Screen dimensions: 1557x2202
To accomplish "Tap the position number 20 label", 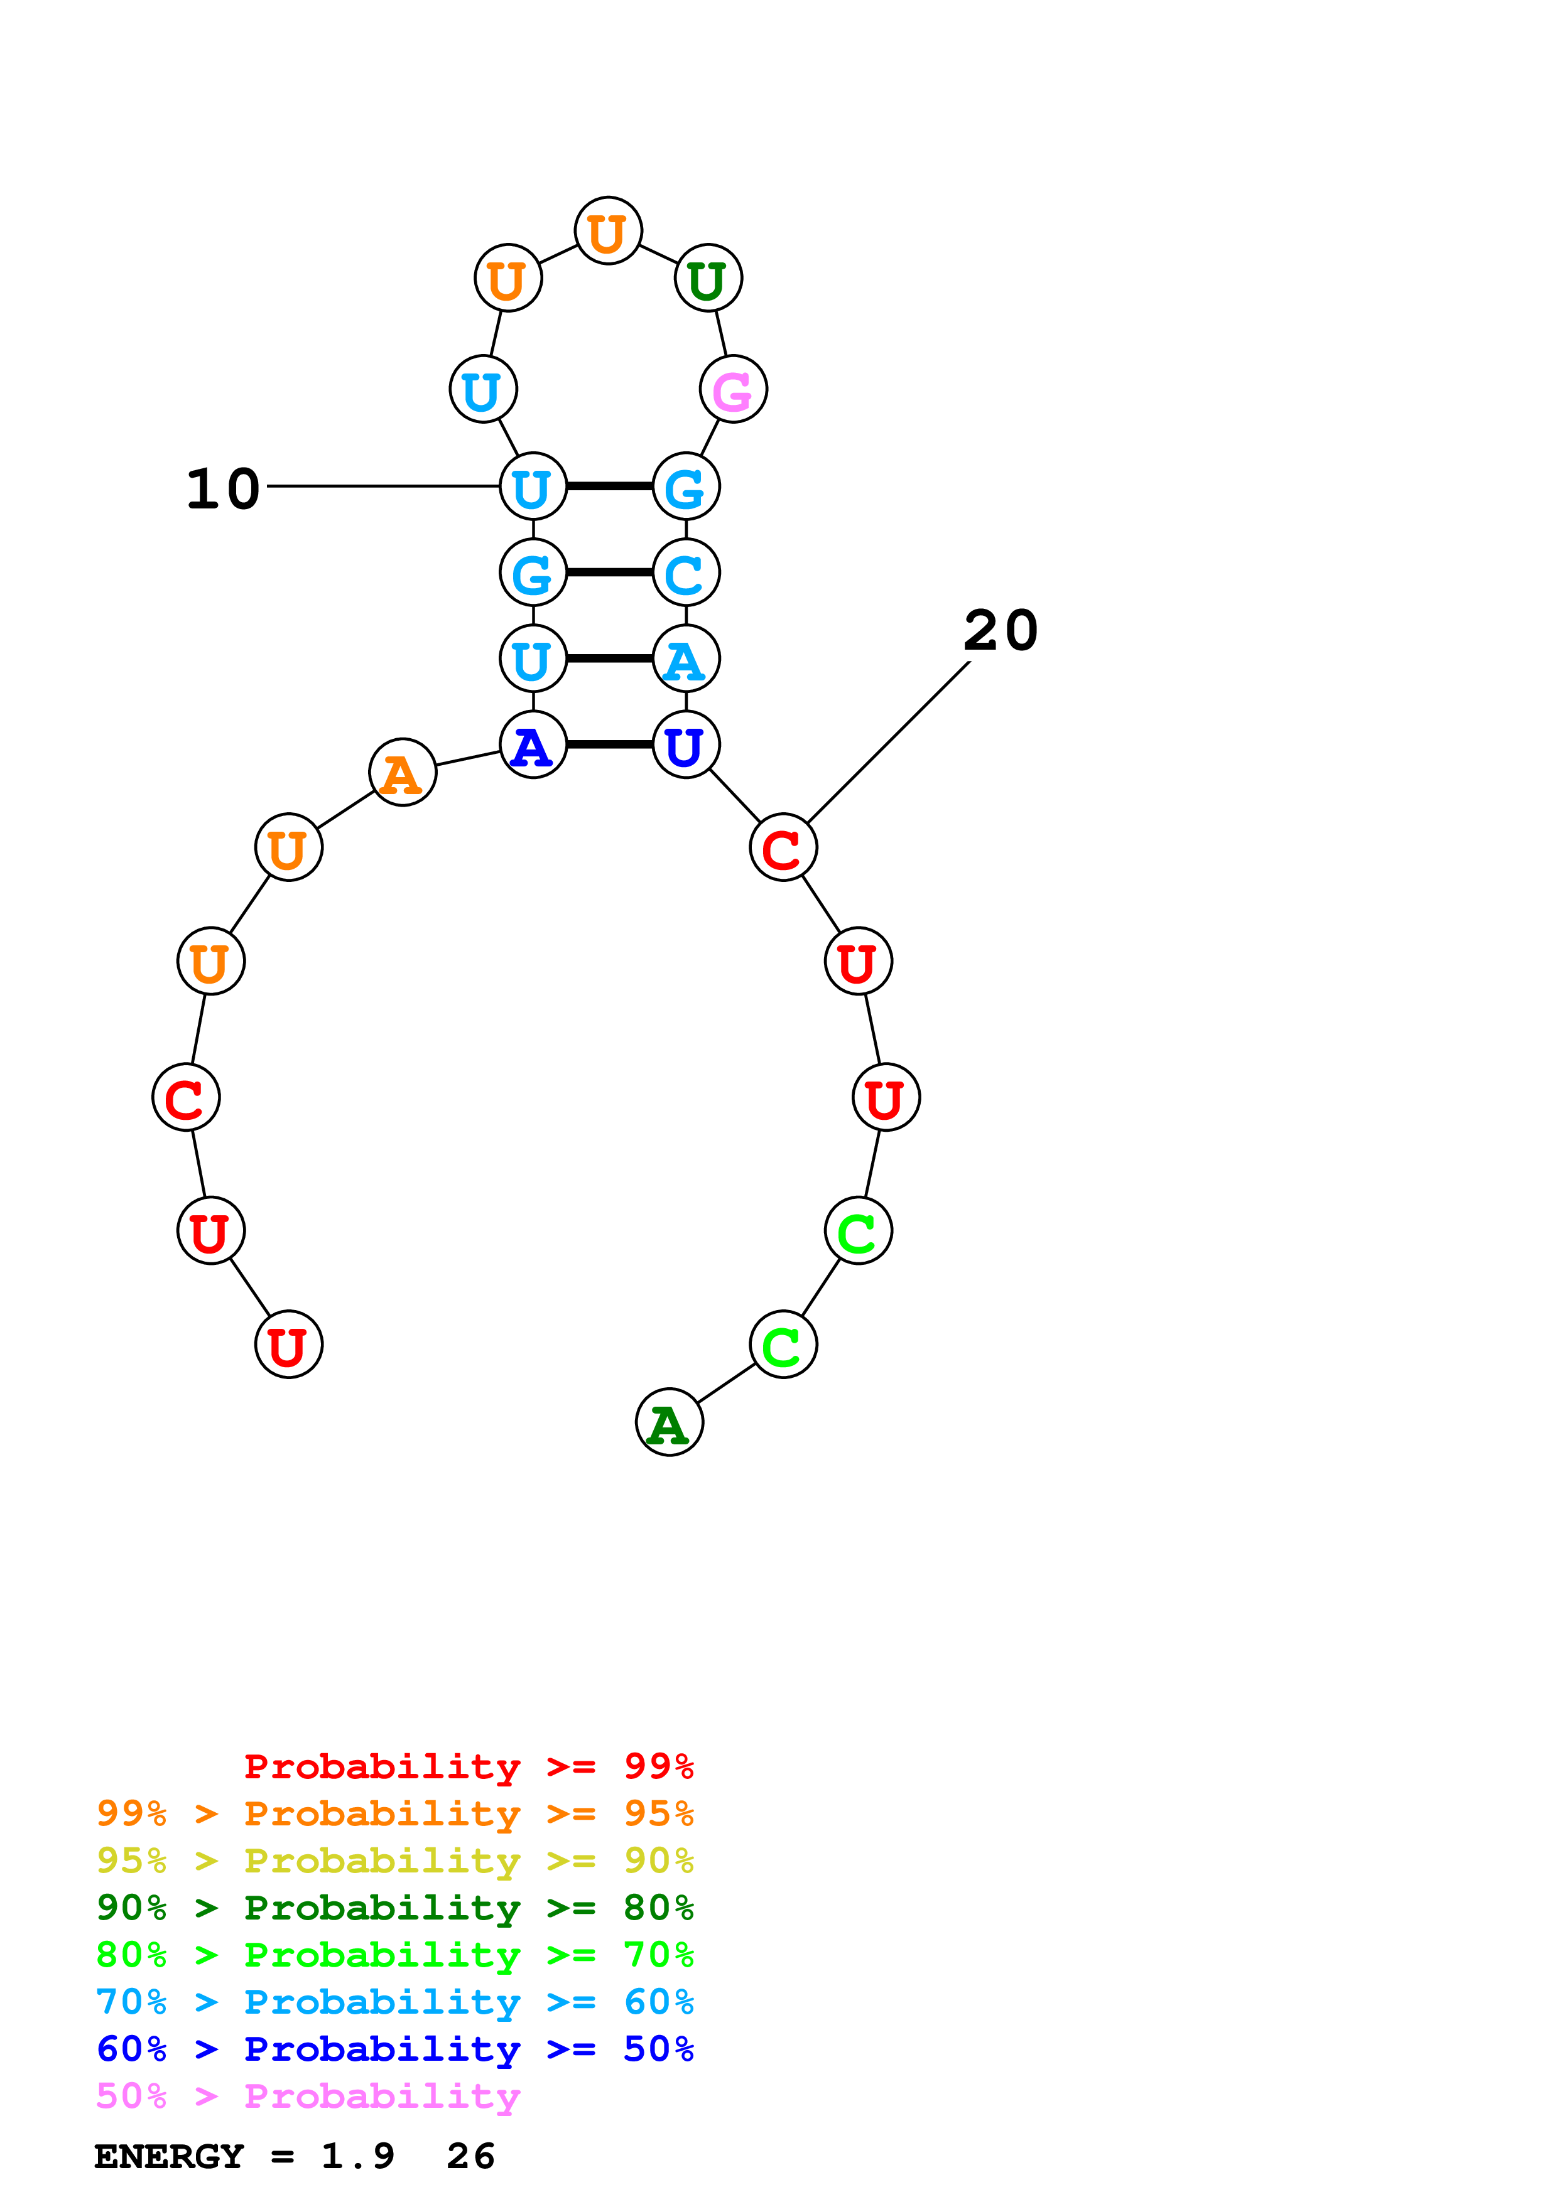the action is click(1001, 630).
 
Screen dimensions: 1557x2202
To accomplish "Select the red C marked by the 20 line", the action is click(783, 848).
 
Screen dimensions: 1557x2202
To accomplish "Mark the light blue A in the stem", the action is click(685, 659).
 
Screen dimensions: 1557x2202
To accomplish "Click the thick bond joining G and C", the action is click(609, 572).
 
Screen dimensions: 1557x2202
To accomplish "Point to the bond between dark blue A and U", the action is click(609, 744).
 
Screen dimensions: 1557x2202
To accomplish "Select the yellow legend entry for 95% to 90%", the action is click(394, 1860).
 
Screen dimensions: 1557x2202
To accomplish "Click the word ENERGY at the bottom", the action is click(169, 2156).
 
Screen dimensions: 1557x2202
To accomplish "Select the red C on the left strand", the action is click(185, 1097).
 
